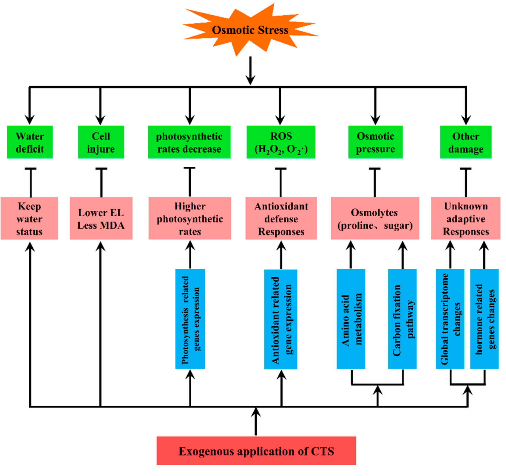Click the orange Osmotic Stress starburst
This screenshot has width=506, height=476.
[x=250, y=30]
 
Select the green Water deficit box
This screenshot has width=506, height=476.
[x=30, y=142]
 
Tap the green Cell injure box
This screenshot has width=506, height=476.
[x=101, y=142]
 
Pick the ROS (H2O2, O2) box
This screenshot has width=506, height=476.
[x=281, y=142]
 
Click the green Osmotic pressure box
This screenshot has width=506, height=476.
[x=375, y=142]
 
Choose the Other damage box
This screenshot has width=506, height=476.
[x=465, y=142]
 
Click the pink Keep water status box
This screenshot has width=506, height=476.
[x=29, y=218]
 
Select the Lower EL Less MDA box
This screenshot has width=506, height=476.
[x=101, y=218]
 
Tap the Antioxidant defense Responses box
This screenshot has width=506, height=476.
[x=281, y=218]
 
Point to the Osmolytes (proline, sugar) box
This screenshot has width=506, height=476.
[x=375, y=218]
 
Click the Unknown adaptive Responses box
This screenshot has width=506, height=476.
[x=465, y=218]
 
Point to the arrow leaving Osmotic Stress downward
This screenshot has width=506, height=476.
[x=250, y=70]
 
